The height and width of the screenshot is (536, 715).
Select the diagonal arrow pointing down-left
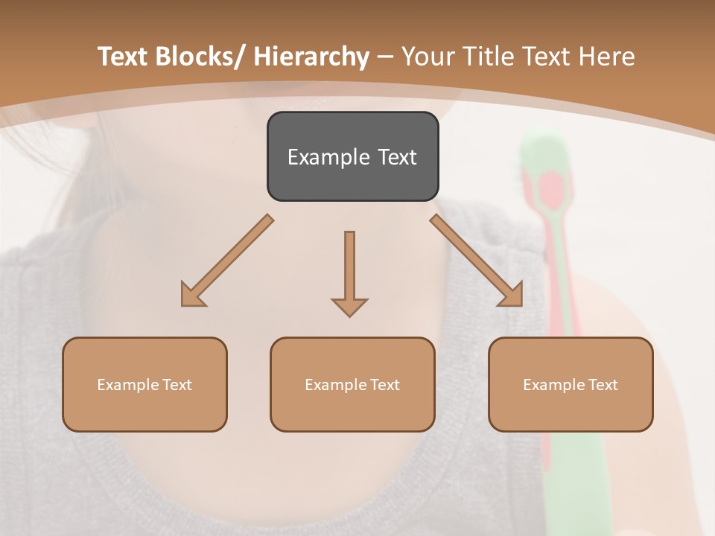(227, 261)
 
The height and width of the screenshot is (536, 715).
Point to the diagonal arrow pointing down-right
(477, 261)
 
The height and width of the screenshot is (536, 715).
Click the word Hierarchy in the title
(311, 57)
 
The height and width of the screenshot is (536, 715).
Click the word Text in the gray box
(396, 157)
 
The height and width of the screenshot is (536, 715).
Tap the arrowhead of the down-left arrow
(192, 295)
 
